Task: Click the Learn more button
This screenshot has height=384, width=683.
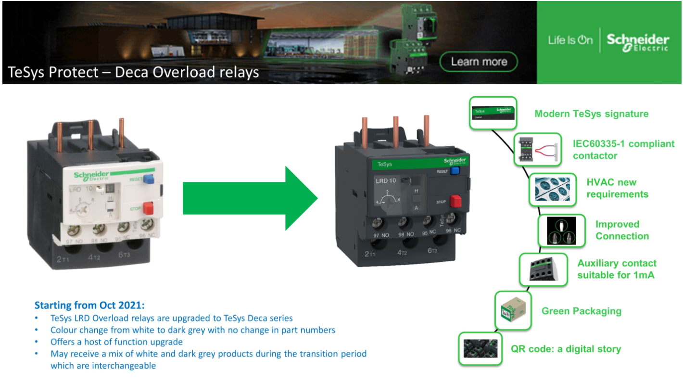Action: (479, 62)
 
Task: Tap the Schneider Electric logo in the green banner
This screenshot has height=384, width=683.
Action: (637, 42)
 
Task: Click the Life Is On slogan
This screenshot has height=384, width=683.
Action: (570, 40)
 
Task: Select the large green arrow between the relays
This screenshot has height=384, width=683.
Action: (250, 198)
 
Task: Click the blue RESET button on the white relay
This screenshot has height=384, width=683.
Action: (149, 179)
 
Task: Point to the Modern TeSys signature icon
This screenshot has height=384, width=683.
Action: (493, 113)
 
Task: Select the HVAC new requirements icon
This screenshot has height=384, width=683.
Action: (552, 189)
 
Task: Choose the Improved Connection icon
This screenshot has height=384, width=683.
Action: (561, 231)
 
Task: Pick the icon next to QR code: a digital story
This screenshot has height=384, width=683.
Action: (480, 348)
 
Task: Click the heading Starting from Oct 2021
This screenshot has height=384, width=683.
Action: (89, 306)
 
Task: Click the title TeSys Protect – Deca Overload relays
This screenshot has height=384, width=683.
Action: (133, 72)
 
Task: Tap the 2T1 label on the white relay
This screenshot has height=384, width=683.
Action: (63, 259)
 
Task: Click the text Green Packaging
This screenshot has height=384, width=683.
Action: (581, 311)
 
